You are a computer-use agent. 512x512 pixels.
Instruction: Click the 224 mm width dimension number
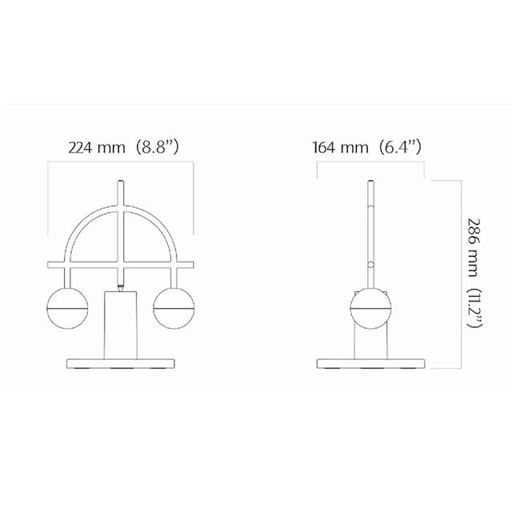97,147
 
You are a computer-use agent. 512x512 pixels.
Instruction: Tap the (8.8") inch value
157,147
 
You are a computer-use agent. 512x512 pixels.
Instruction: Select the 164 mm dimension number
340,147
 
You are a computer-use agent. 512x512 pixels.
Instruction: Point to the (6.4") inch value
400,147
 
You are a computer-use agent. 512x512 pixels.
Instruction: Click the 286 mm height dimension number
474,247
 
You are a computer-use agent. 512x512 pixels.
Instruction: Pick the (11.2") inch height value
474,308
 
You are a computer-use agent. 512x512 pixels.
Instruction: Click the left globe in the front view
67,308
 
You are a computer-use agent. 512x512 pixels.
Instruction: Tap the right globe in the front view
174,308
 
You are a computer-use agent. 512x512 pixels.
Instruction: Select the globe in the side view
370,308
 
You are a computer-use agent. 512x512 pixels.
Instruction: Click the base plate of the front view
121,364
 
